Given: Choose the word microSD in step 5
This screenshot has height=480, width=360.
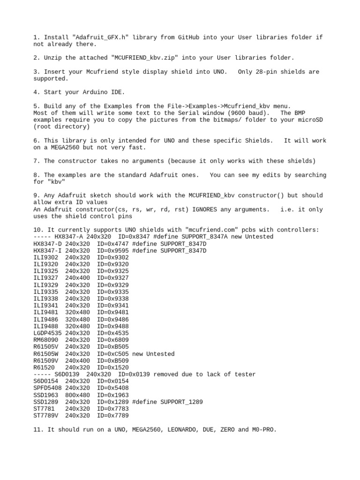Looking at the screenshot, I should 311,120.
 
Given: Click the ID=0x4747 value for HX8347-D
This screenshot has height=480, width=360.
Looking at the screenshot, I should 113,244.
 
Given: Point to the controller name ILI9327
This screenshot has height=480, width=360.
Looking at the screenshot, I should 46,278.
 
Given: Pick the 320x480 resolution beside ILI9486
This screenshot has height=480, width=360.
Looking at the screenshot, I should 78,319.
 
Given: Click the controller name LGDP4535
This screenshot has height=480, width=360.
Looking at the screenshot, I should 48,333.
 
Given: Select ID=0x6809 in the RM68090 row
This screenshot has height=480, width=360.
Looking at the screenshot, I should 113,340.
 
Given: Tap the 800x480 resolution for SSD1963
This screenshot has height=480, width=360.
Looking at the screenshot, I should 78,395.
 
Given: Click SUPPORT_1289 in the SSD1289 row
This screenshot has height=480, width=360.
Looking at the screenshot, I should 182,402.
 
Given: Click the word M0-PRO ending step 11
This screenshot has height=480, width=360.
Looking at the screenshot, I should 263,429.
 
